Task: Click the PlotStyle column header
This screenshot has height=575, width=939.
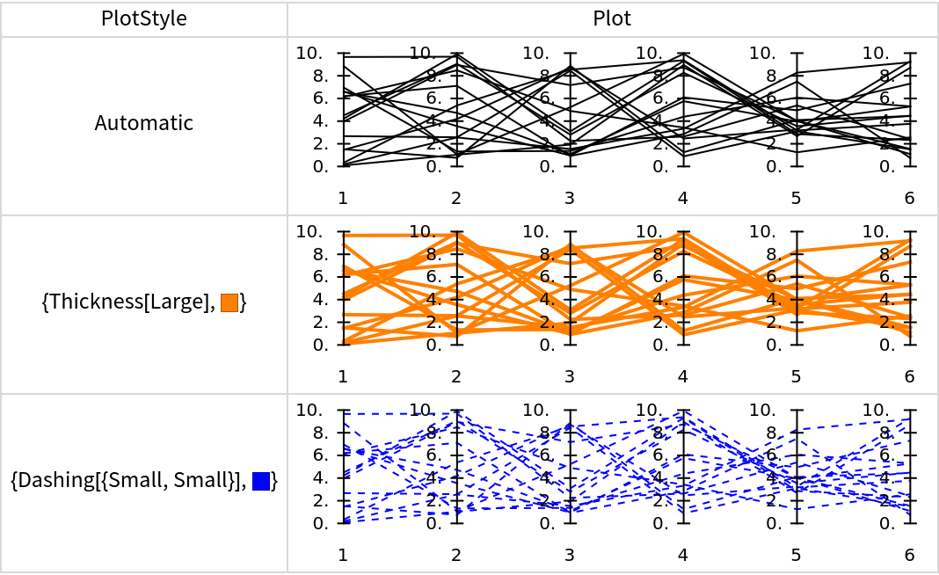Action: tap(144, 18)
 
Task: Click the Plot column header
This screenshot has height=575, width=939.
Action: tap(612, 18)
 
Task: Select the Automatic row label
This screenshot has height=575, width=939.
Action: tap(144, 123)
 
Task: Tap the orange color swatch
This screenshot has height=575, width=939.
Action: tap(230, 303)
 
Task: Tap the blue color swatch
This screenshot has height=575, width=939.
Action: tap(260, 481)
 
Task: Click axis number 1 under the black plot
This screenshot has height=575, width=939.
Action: tap(343, 199)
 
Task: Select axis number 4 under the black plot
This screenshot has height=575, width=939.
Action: tap(682, 199)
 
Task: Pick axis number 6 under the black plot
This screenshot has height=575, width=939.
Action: tap(909, 199)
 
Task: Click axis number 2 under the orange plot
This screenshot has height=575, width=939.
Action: tap(456, 377)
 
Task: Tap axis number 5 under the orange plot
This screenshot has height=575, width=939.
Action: tap(796, 377)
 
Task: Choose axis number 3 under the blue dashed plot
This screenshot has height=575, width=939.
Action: tap(570, 555)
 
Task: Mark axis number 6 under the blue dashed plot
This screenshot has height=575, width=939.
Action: tap(909, 555)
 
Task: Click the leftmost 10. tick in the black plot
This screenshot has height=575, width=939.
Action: tap(309, 54)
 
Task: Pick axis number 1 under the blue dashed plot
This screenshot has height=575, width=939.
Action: tap(343, 555)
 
